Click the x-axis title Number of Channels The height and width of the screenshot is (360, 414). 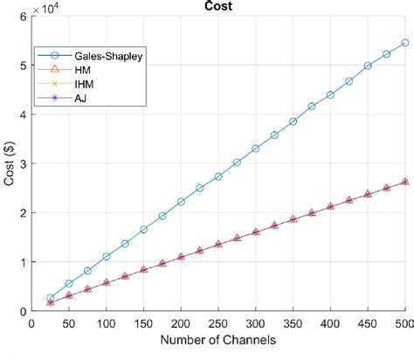219,339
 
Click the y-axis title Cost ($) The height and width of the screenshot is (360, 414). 9,163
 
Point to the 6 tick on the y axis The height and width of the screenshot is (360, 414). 24,17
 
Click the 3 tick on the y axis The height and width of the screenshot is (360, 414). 24,163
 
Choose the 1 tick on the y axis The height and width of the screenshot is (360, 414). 24,261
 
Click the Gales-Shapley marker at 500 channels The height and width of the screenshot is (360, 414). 405,43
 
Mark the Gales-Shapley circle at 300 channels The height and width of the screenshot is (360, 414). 256,149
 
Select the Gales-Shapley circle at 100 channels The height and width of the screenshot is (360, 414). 107,257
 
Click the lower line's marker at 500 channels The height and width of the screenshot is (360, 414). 405,182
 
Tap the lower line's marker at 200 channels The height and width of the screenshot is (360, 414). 181,257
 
